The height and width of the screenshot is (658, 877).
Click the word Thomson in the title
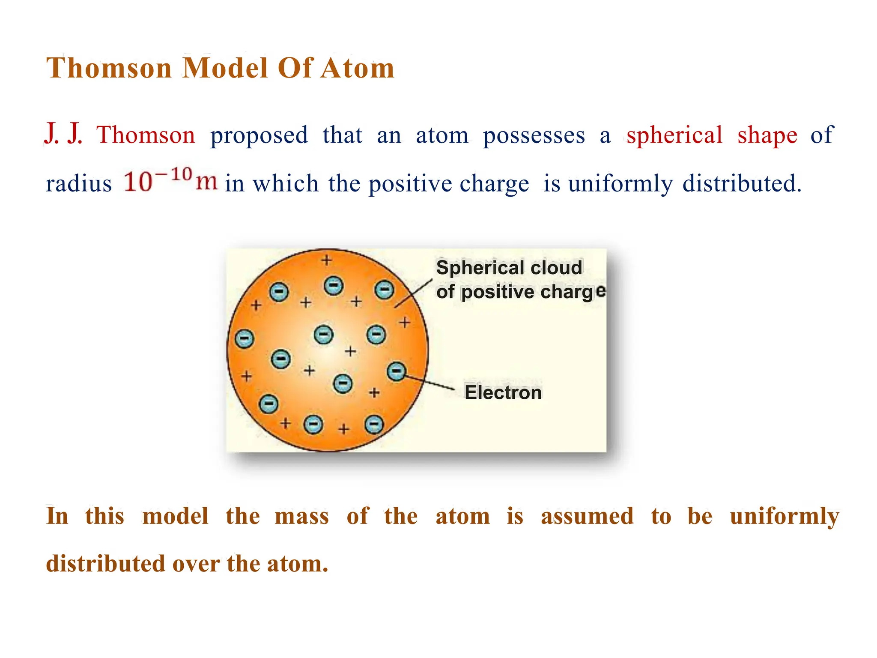(109, 68)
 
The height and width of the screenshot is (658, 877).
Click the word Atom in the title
(358, 68)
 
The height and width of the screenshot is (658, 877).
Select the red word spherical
(674, 135)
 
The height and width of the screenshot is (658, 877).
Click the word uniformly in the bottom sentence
(785, 516)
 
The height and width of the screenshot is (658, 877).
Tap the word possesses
(534, 136)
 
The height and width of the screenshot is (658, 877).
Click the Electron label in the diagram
(503, 392)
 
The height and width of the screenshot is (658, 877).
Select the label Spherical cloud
(509, 268)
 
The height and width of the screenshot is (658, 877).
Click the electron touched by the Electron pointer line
(396, 371)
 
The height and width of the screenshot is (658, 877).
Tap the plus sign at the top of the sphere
(327, 260)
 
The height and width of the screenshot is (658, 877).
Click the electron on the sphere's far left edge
(245, 338)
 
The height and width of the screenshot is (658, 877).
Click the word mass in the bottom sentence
(301, 516)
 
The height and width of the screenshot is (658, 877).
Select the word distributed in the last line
(105, 564)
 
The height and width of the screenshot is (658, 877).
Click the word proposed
(259, 136)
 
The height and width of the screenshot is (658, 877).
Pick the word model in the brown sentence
(175, 516)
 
